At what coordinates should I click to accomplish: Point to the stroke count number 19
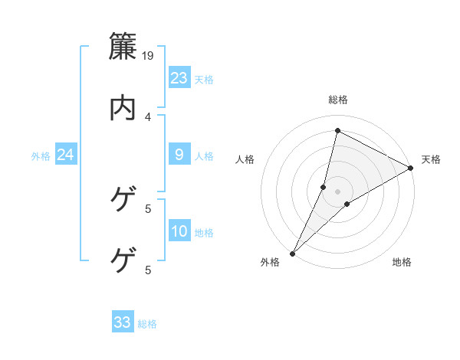tap(149, 55)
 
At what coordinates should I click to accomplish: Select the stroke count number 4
tap(148, 116)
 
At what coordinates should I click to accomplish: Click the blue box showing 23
tap(179, 78)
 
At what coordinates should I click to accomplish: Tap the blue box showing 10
tap(179, 232)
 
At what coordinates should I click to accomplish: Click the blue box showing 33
tap(123, 322)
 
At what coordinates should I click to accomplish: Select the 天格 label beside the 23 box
tap(204, 80)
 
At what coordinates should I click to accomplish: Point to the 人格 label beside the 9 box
tap(204, 156)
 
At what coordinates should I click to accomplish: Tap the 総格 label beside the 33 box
tap(147, 324)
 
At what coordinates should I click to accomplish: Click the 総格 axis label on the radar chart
tap(337, 100)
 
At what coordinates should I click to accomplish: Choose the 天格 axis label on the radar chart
tap(431, 159)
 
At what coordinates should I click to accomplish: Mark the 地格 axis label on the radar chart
tap(402, 263)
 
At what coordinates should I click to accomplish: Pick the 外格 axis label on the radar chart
tap(270, 263)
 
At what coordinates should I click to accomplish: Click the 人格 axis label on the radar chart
tap(245, 159)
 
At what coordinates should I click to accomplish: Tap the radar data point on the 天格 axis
tap(411, 169)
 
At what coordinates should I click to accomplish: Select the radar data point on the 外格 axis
tap(292, 253)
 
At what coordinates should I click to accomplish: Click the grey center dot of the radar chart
tap(337, 191)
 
